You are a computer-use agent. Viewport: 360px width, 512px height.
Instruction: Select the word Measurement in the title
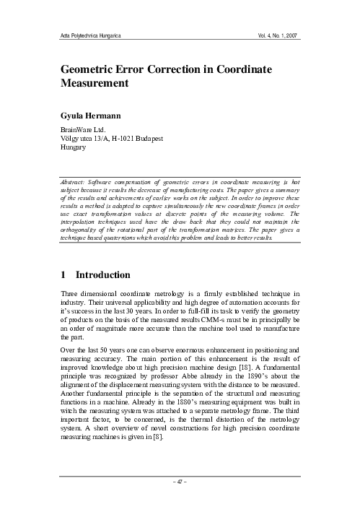click(x=94, y=83)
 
